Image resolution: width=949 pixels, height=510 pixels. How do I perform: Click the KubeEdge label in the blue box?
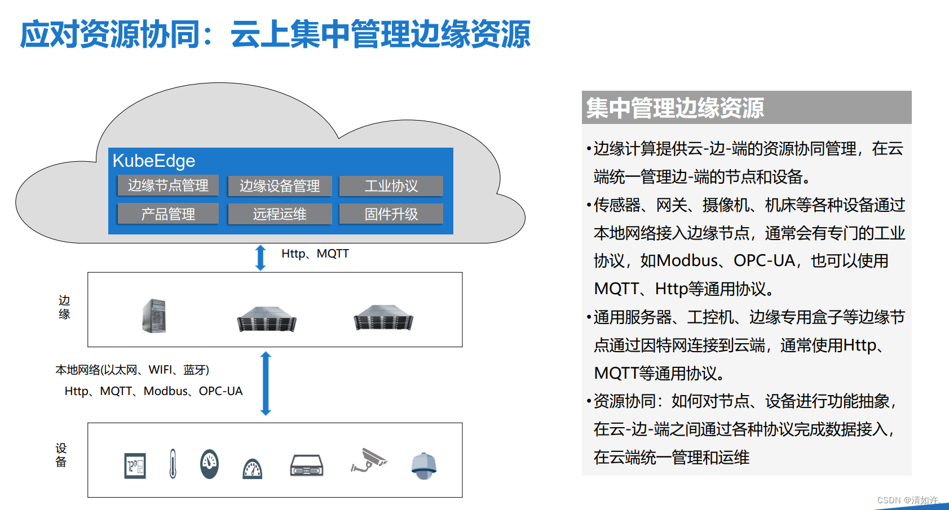point(154,161)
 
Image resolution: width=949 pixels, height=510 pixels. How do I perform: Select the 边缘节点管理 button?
point(168,185)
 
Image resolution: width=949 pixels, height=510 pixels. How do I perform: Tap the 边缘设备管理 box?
point(280,186)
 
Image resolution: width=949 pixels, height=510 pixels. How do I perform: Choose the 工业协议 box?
point(391,186)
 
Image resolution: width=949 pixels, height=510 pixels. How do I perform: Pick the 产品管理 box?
point(168,214)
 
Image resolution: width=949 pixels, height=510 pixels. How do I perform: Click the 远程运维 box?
point(280,214)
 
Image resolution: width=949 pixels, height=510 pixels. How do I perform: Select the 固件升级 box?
point(391,214)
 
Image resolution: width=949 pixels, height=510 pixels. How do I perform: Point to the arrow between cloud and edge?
point(261,258)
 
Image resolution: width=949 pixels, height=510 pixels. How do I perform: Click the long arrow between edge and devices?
point(266,383)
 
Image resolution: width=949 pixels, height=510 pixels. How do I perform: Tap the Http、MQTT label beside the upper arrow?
point(315,254)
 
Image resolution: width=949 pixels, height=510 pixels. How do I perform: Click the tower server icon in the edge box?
point(154,316)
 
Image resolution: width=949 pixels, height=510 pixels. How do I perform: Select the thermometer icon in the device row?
point(173,464)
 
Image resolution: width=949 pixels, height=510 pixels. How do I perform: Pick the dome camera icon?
point(423,465)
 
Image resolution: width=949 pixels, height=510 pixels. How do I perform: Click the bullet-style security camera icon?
point(369,460)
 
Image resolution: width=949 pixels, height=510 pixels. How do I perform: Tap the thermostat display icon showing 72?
point(135,466)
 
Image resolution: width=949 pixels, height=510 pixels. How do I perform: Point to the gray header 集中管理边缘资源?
point(674,108)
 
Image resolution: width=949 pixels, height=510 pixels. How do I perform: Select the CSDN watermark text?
point(908,500)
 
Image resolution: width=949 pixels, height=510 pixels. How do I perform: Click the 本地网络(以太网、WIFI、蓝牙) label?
point(132,370)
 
